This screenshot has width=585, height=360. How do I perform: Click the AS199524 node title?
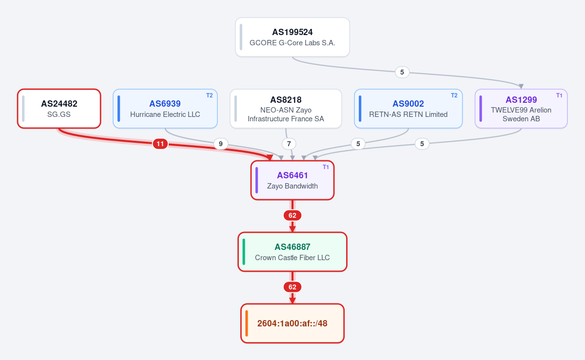[292, 32]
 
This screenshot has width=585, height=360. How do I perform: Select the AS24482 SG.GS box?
[59, 109]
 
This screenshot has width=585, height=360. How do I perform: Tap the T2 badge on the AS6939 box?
[210, 95]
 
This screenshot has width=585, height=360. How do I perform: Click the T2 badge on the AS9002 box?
[454, 95]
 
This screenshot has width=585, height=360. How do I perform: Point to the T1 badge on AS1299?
[559, 95]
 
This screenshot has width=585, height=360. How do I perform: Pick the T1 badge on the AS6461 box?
[326, 167]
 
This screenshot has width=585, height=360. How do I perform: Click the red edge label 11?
[160, 144]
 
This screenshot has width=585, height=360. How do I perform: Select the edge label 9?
[221, 144]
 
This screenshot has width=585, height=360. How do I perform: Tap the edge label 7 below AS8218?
[289, 144]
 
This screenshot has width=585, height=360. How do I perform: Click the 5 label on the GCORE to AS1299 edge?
[402, 72]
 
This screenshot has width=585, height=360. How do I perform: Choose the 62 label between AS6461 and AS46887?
[292, 215]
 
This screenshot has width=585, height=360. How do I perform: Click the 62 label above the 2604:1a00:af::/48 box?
[292, 287]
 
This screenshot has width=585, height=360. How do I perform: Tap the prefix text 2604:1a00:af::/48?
[292, 323]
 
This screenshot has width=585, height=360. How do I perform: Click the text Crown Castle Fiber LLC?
[292, 258]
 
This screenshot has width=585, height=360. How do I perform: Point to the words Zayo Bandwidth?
[292, 186]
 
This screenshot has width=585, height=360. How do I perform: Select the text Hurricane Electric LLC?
[165, 114]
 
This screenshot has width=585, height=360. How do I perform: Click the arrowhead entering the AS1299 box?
[521, 86]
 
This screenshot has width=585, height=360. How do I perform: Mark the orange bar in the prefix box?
[247, 323]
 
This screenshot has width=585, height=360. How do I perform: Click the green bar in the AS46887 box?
[244, 252]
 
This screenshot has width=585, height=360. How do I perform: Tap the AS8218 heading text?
[286, 100]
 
